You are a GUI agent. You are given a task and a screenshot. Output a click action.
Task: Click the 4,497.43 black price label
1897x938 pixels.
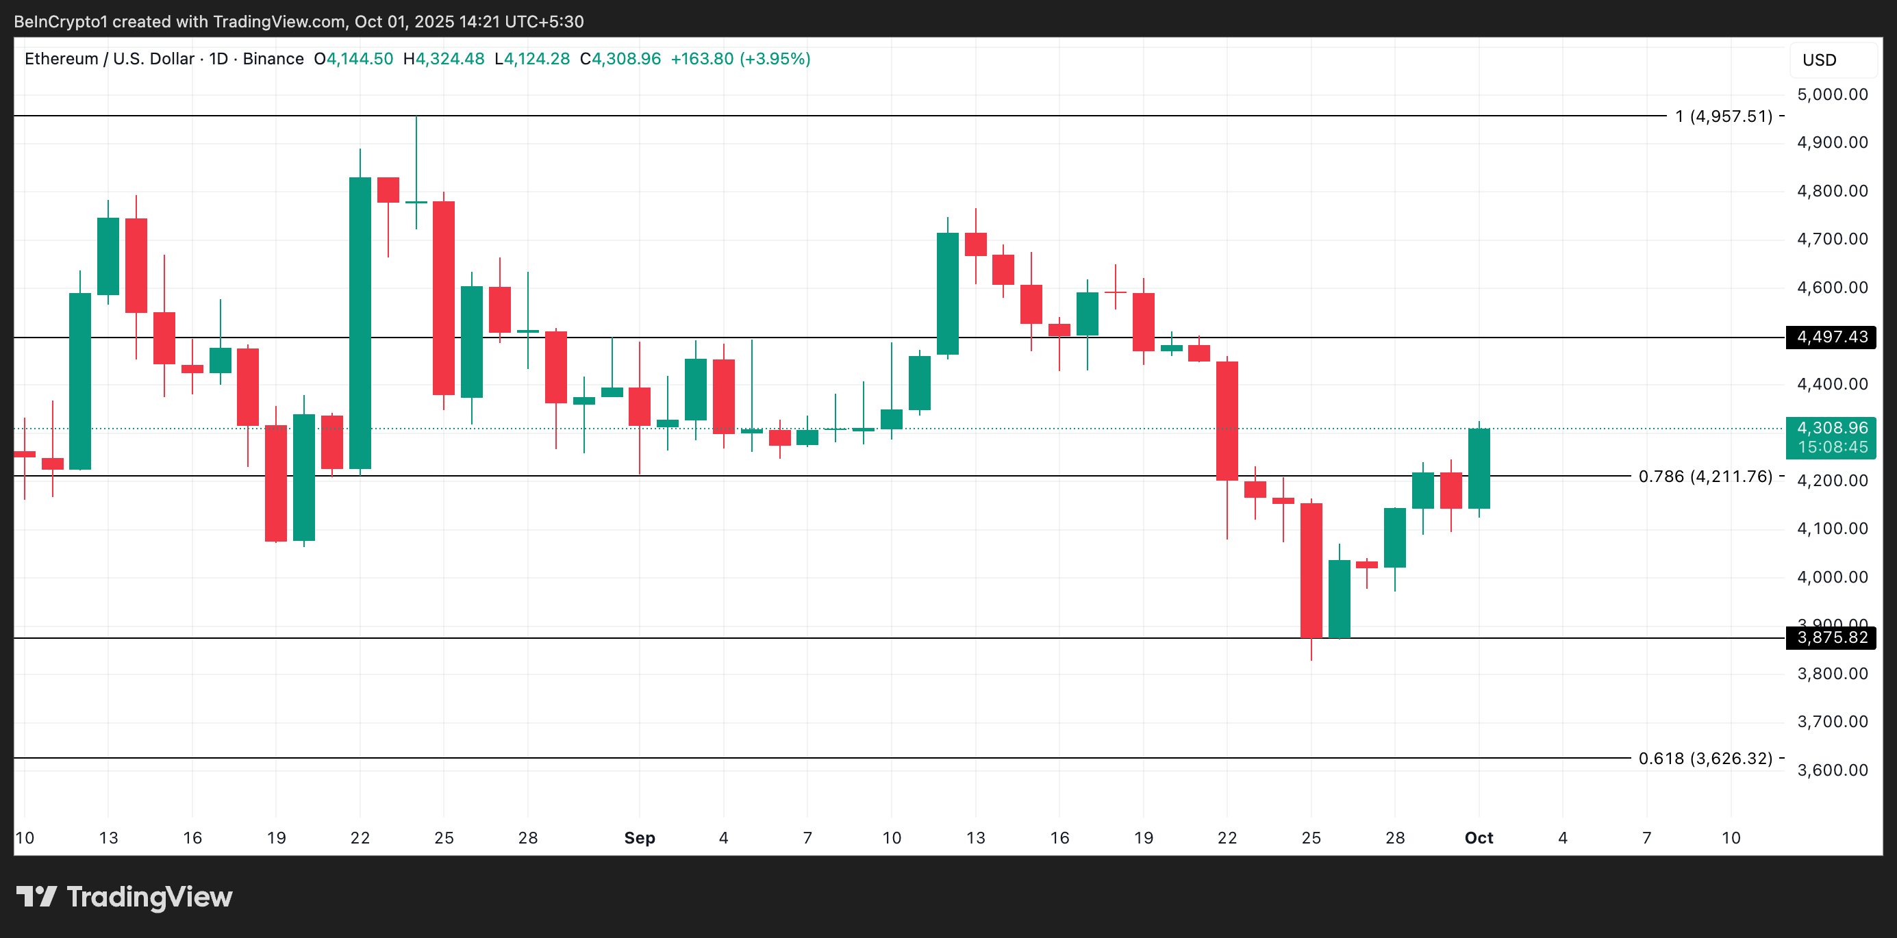(1831, 338)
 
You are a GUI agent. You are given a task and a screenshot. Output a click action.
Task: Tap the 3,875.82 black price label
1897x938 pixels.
(1831, 637)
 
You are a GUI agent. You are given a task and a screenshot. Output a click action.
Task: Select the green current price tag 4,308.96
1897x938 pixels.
(1831, 429)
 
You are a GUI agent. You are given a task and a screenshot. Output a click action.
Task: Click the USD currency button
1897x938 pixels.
(1819, 60)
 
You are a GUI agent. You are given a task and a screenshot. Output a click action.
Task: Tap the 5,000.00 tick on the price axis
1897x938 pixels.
(1832, 94)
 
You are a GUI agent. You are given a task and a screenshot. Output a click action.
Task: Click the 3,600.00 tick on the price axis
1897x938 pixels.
(1832, 770)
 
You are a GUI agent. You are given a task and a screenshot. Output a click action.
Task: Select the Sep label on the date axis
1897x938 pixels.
(639, 838)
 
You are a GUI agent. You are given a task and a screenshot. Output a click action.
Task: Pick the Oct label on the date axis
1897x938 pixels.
(1479, 838)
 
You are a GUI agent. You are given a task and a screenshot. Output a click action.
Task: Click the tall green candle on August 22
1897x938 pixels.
(360, 322)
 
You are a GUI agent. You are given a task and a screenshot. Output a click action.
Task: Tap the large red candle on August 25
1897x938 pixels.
(443, 299)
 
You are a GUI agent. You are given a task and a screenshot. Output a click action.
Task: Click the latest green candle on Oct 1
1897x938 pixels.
(1479, 468)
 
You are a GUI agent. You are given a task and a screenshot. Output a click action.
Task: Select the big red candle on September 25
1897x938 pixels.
(1311, 570)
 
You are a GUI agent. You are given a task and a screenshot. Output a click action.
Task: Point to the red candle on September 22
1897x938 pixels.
(1227, 421)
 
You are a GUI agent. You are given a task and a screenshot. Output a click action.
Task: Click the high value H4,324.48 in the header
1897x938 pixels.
(443, 59)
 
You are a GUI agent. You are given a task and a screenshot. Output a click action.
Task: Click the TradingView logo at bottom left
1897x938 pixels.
(124, 897)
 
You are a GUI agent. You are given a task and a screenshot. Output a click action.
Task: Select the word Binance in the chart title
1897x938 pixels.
(273, 59)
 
